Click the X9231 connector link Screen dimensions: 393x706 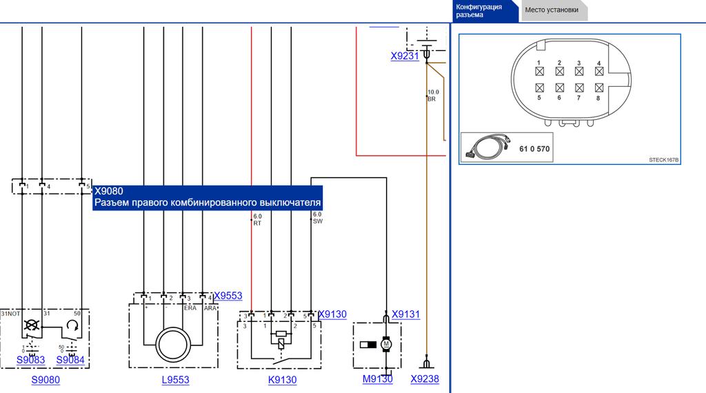tap(405, 57)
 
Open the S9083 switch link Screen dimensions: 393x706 tap(30, 360)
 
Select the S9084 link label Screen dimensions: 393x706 tap(70, 360)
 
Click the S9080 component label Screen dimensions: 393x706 tap(46, 380)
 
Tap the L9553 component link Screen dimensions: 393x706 tap(175, 380)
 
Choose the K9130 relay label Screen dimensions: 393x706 tap(283, 380)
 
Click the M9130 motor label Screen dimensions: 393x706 tap(377, 379)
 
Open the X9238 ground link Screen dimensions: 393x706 tap(424, 379)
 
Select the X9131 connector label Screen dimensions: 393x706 tap(405, 314)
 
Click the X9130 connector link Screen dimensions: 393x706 tap(332, 314)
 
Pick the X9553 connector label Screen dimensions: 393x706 tap(228, 296)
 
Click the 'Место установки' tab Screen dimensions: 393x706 tap(552, 10)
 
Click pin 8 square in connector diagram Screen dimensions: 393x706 tap(598, 88)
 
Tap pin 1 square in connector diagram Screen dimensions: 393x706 tap(540, 70)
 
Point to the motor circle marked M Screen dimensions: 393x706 tap(387, 343)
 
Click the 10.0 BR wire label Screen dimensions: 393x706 tap(432, 95)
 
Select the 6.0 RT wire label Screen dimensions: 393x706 tap(257, 219)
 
